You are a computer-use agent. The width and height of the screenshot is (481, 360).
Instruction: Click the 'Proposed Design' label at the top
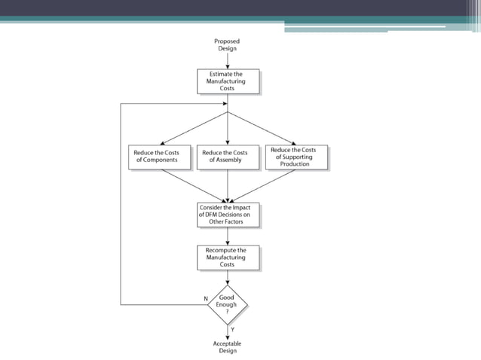tap(227, 44)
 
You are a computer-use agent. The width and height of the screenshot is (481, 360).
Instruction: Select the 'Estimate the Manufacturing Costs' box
tap(228, 81)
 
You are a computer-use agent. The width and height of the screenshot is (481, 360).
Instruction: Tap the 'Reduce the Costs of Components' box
tap(161, 157)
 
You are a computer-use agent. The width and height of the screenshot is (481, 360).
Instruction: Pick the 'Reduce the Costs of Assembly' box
tap(228, 157)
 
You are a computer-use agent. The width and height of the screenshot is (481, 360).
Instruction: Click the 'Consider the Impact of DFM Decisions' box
tap(228, 215)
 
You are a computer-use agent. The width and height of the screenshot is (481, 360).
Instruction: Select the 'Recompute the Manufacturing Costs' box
tap(228, 258)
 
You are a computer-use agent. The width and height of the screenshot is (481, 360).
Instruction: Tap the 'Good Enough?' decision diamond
tap(228, 304)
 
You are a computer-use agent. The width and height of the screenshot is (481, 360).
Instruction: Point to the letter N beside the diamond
tap(205, 299)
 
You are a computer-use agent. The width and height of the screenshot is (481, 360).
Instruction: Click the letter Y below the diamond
tap(232, 330)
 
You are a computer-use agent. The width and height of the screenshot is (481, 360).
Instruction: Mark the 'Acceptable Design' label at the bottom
tap(227, 346)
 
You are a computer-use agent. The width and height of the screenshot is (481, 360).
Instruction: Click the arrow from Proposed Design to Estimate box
tap(228, 61)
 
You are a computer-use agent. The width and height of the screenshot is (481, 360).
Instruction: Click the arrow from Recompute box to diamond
tap(228, 277)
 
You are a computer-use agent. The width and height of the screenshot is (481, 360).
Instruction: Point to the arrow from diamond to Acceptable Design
tap(228, 331)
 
